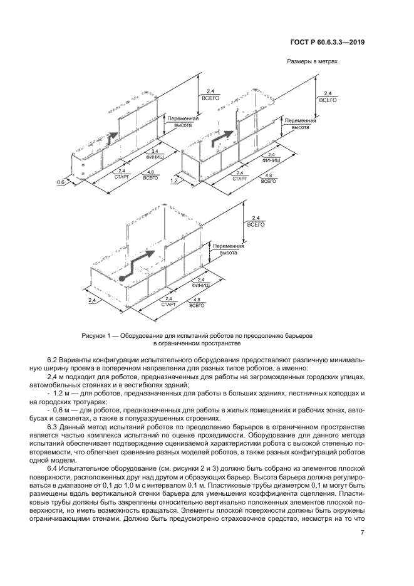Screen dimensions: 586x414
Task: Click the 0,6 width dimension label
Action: (x=61, y=182)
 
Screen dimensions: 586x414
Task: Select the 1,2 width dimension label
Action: (x=174, y=182)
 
